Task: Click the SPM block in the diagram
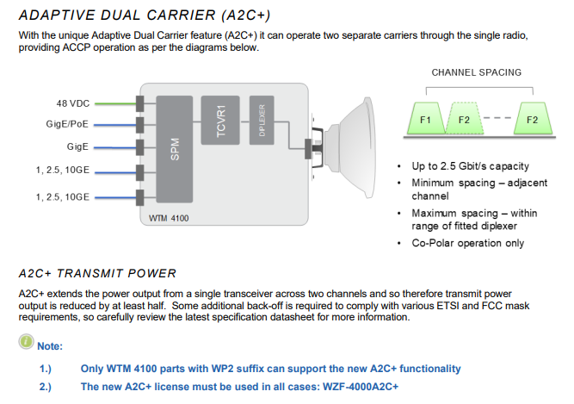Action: (175, 149)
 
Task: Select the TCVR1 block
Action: (220, 121)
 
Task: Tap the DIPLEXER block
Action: (262, 121)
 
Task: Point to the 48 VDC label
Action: (73, 103)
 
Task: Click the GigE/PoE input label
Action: (67, 125)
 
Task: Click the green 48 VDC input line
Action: (115, 104)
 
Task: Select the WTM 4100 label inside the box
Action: (169, 218)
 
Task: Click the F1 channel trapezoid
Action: (426, 119)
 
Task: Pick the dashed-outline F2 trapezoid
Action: (464, 119)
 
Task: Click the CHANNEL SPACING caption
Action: (476, 72)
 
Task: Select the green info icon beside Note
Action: (27, 342)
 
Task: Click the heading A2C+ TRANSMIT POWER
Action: (97, 274)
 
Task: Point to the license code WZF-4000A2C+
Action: (361, 387)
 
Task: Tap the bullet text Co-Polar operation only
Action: (468, 243)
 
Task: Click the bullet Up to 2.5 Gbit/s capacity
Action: (471, 166)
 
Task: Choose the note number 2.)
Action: (46, 387)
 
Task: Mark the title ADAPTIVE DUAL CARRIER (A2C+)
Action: (145, 16)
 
